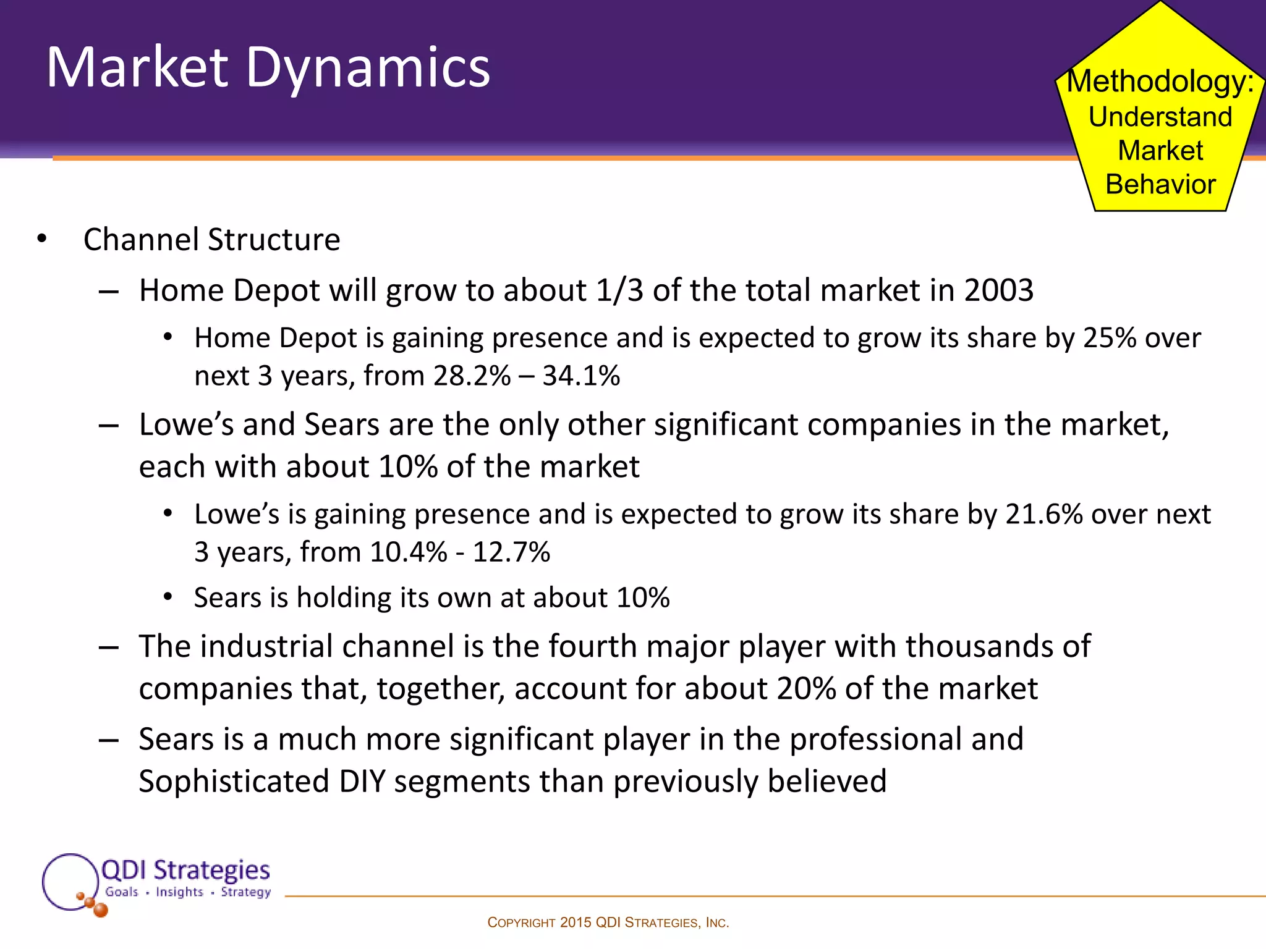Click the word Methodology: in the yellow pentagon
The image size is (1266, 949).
(1160, 82)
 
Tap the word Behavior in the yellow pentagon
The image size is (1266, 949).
(1160, 185)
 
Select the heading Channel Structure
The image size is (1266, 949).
(211, 240)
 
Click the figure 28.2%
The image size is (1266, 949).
(472, 376)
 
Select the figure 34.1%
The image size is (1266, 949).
(581, 376)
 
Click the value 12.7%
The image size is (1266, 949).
(511, 552)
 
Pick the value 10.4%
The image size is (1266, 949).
(408, 552)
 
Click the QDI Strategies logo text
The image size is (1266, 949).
(185, 870)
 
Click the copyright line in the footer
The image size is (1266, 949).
(608, 922)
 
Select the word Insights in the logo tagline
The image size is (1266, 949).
(179, 892)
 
